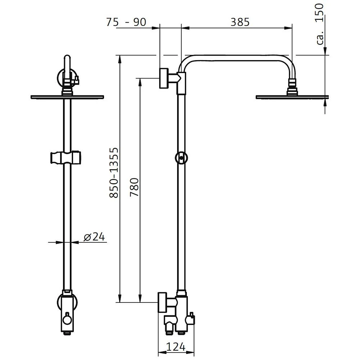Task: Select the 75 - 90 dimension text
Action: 126,22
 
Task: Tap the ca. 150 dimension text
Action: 320,24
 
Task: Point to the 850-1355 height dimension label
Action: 114,172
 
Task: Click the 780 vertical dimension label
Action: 134,187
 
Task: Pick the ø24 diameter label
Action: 94,237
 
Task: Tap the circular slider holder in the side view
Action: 181,158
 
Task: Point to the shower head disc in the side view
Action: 292,96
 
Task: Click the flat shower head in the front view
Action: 67,96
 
